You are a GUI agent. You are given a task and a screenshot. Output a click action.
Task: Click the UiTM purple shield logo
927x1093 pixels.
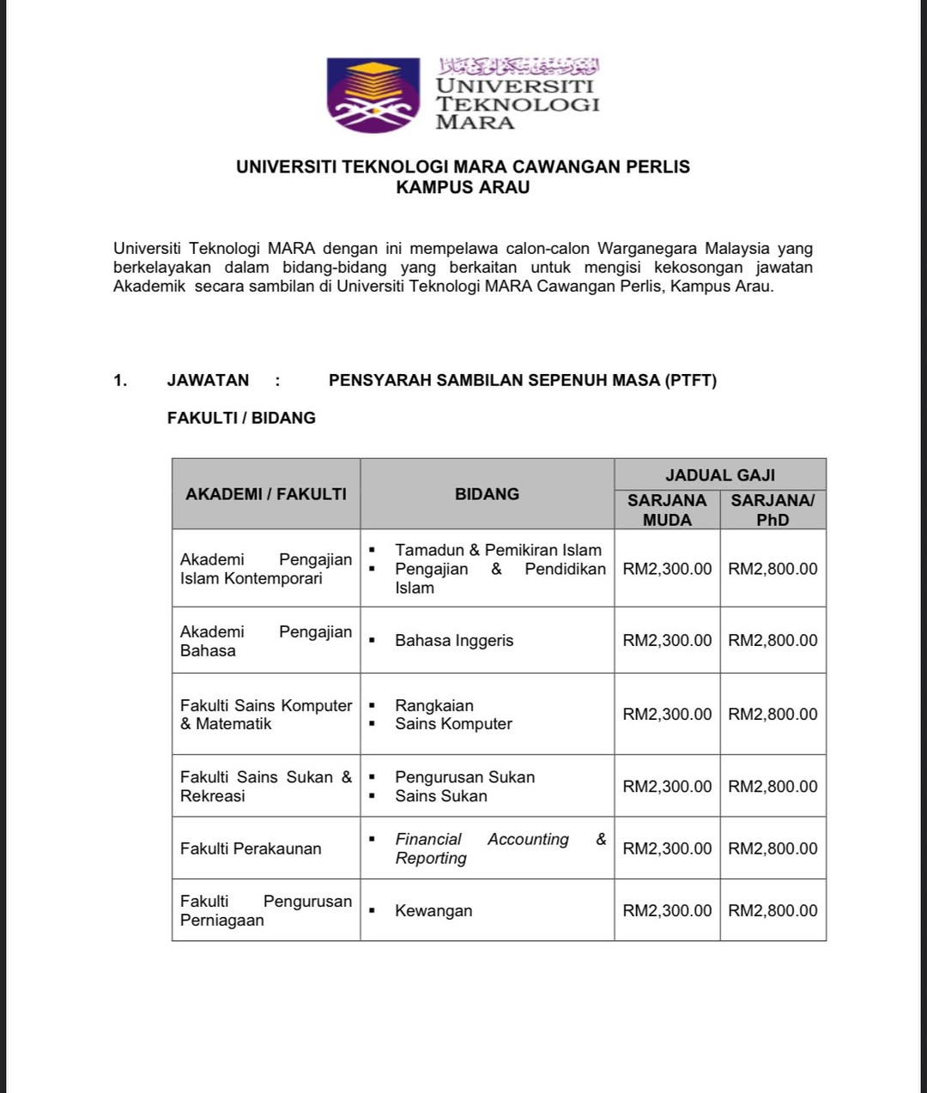(373, 94)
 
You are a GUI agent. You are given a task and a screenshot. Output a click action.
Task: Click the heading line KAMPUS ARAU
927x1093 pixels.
(463, 187)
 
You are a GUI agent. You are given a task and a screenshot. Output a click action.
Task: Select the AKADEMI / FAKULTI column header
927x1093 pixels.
(266, 494)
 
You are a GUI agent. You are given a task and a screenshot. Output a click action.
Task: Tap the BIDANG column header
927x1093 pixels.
(487, 494)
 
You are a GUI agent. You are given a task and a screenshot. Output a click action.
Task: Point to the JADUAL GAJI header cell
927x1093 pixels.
(720, 474)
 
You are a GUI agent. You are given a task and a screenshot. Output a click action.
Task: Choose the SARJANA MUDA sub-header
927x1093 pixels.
(667, 510)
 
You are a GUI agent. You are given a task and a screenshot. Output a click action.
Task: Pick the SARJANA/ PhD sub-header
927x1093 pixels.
(772, 510)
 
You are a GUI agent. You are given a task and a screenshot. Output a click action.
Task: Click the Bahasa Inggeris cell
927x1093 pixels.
(454, 640)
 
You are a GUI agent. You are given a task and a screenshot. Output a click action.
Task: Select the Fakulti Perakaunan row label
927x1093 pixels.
(251, 848)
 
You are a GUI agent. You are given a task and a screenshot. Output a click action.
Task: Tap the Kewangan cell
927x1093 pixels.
(433, 911)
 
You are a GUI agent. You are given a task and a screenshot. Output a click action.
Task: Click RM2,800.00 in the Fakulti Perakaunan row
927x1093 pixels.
(772, 848)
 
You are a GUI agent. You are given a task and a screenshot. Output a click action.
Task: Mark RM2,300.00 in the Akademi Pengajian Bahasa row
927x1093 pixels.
(667, 640)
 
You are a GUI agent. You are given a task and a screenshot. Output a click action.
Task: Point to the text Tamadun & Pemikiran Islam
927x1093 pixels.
(498, 550)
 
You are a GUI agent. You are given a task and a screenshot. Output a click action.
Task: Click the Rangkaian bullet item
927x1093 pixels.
(434, 705)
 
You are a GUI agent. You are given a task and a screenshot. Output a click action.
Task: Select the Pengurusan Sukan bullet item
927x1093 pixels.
(464, 777)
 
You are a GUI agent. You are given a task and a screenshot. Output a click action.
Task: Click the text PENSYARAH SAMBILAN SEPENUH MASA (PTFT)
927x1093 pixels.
(522, 380)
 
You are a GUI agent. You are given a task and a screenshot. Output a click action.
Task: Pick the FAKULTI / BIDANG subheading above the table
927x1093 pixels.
(241, 418)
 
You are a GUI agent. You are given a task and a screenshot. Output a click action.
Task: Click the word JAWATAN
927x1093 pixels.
(208, 380)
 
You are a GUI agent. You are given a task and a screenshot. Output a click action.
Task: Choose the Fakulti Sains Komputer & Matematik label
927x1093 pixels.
(265, 715)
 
